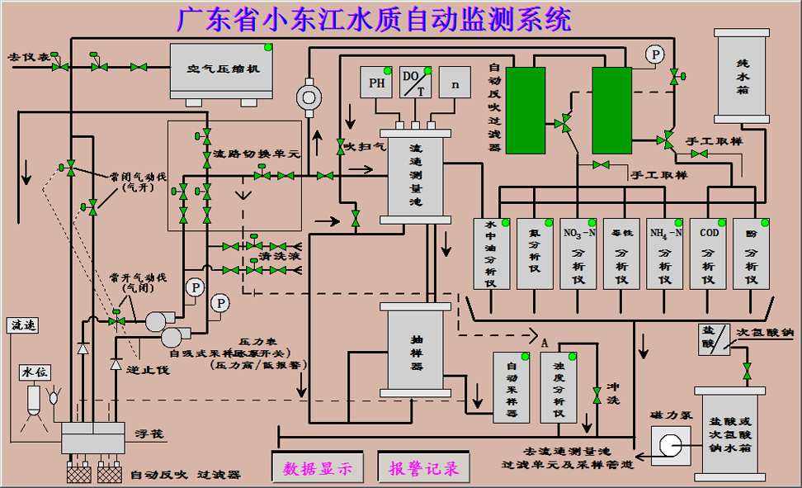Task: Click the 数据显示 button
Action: click(318, 468)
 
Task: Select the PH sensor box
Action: click(376, 83)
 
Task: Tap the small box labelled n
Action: click(455, 83)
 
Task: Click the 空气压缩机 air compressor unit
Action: click(223, 69)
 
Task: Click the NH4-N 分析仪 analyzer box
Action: click(666, 253)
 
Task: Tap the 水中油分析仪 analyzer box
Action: click(491, 253)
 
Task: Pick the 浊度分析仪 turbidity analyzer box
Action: click(559, 386)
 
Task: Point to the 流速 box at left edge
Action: click(22, 325)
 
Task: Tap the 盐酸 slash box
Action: click(714, 339)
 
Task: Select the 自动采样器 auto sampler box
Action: click(512, 386)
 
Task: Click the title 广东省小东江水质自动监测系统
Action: click(373, 19)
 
